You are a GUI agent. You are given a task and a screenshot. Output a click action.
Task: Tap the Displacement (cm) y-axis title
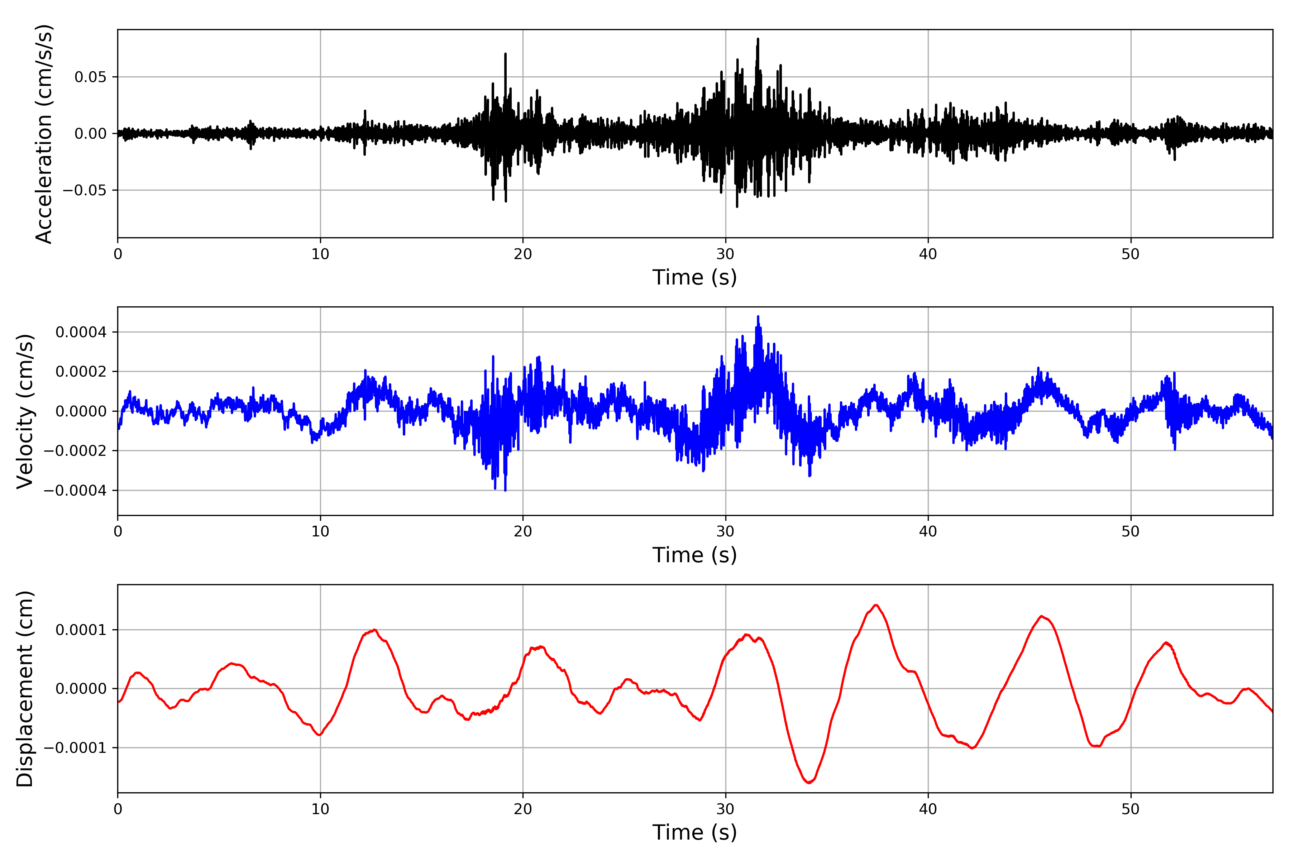coord(25,689)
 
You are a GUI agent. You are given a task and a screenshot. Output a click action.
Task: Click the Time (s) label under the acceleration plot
coord(694,277)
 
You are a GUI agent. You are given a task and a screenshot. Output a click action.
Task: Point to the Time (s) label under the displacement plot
coord(694,832)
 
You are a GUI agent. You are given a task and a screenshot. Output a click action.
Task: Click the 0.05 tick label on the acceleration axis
coord(91,77)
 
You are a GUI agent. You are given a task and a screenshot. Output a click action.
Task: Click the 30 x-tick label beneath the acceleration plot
coord(725,254)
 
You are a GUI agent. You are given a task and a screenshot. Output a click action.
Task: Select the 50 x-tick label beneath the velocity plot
coord(1131,531)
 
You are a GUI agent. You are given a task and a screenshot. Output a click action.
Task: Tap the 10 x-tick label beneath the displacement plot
coord(320,809)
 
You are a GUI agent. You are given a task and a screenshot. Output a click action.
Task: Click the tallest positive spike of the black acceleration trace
coord(758,39)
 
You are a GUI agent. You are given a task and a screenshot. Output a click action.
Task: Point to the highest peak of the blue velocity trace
coord(758,316)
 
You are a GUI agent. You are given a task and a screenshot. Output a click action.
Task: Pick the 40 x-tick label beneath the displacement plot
coord(928,809)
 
